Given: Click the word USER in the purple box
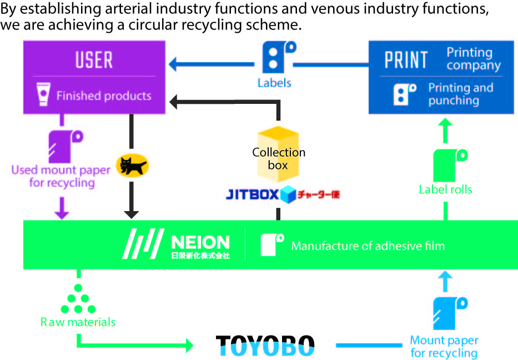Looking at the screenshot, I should (94, 60).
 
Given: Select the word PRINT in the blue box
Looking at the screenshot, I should (406, 60).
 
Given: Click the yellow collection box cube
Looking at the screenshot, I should (278, 155).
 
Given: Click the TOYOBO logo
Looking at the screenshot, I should (265, 345).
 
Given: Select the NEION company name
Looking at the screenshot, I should (200, 242).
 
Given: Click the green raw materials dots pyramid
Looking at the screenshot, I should (78, 301).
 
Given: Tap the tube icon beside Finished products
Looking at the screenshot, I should (42, 95).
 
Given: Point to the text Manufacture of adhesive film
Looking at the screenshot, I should (368, 246).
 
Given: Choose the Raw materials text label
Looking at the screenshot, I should (78, 322).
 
